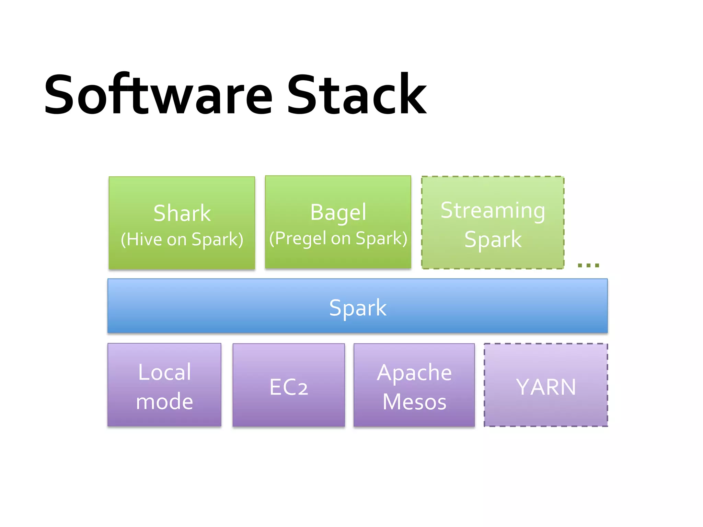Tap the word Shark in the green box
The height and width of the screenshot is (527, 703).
[182, 213]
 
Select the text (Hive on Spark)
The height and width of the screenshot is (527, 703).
[182, 239]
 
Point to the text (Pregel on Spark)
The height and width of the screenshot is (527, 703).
[338, 238]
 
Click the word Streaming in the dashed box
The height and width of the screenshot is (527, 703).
[493, 211]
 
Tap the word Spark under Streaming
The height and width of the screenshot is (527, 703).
[493, 239]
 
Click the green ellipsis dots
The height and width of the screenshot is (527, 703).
[588, 265]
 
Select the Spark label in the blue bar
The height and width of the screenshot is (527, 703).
[358, 307]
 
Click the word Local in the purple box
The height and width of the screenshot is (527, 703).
[164, 372]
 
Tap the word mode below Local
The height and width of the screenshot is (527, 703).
[164, 401]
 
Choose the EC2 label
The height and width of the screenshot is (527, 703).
[289, 387]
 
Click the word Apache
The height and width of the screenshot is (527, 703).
[414, 373]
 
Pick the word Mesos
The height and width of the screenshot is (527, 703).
[414, 402]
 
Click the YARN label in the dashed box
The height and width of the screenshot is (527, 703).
[546, 387]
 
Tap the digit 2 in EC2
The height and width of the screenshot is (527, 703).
[303, 389]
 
